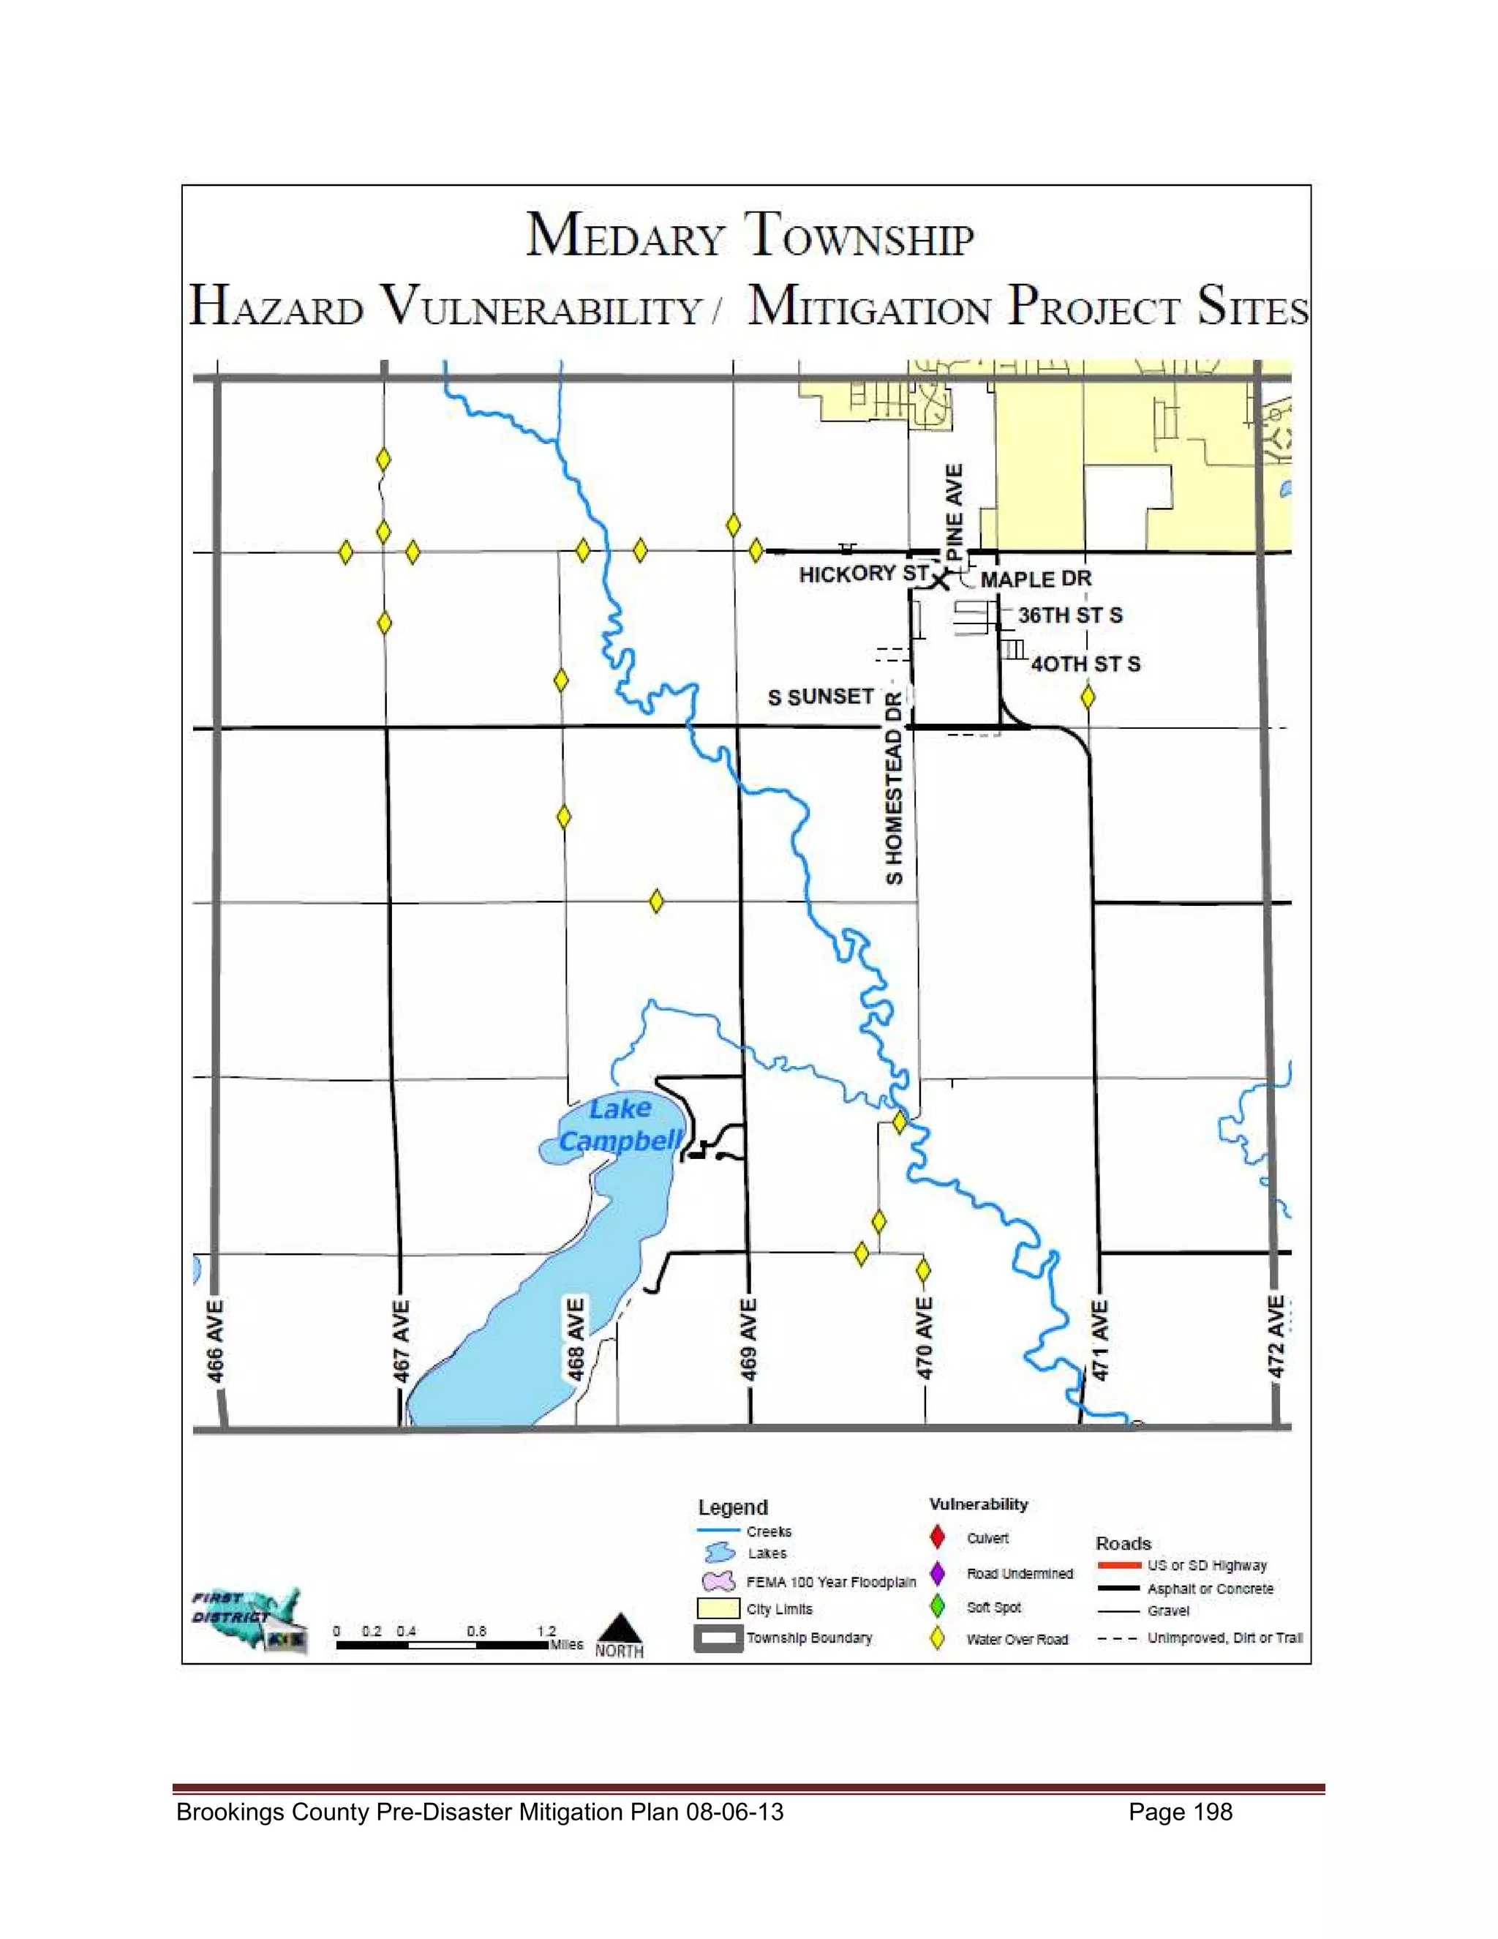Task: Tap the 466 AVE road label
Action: (x=216, y=1341)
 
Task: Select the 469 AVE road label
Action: (x=749, y=1340)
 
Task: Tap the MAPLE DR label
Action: (x=1036, y=579)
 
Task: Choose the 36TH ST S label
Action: (x=1069, y=615)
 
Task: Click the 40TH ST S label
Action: (x=1085, y=664)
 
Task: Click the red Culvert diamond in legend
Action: (x=937, y=1537)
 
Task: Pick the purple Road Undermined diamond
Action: (x=937, y=1573)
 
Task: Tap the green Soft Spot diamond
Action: (x=937, y=1606)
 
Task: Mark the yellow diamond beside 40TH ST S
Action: (x=1088, y=697)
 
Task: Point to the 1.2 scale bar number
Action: (x=546, y=1631)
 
